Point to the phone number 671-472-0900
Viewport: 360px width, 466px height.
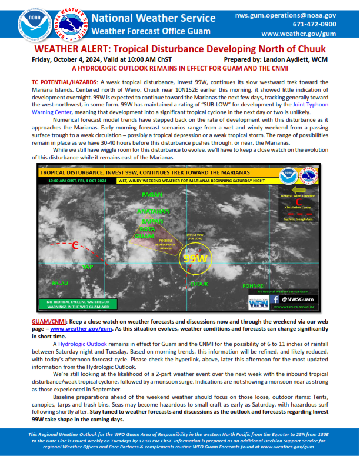click(315, 24)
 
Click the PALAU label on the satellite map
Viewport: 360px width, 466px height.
click(61, 283)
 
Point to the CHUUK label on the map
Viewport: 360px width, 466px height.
click(199, 284)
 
